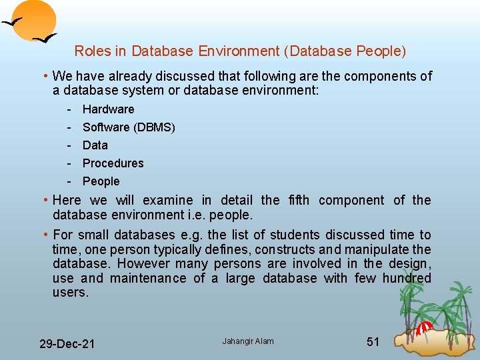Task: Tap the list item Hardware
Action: click(x=108, y=109)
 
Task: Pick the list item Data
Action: click(x=95, y=145)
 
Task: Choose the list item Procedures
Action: click(x=113, y=163)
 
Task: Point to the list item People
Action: click(x=101, y=181)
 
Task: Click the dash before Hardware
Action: click(x=69, y=109)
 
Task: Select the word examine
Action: click(x=168, y=201)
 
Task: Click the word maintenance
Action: click(x=148, y=278)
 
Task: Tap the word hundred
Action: click(x=407, y=278)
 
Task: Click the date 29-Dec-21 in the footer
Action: click(x=67, y=344)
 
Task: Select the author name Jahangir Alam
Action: click(x=248, y=341)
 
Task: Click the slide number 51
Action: click(x=373, y=342)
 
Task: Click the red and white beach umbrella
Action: click(x=425, y=328)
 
